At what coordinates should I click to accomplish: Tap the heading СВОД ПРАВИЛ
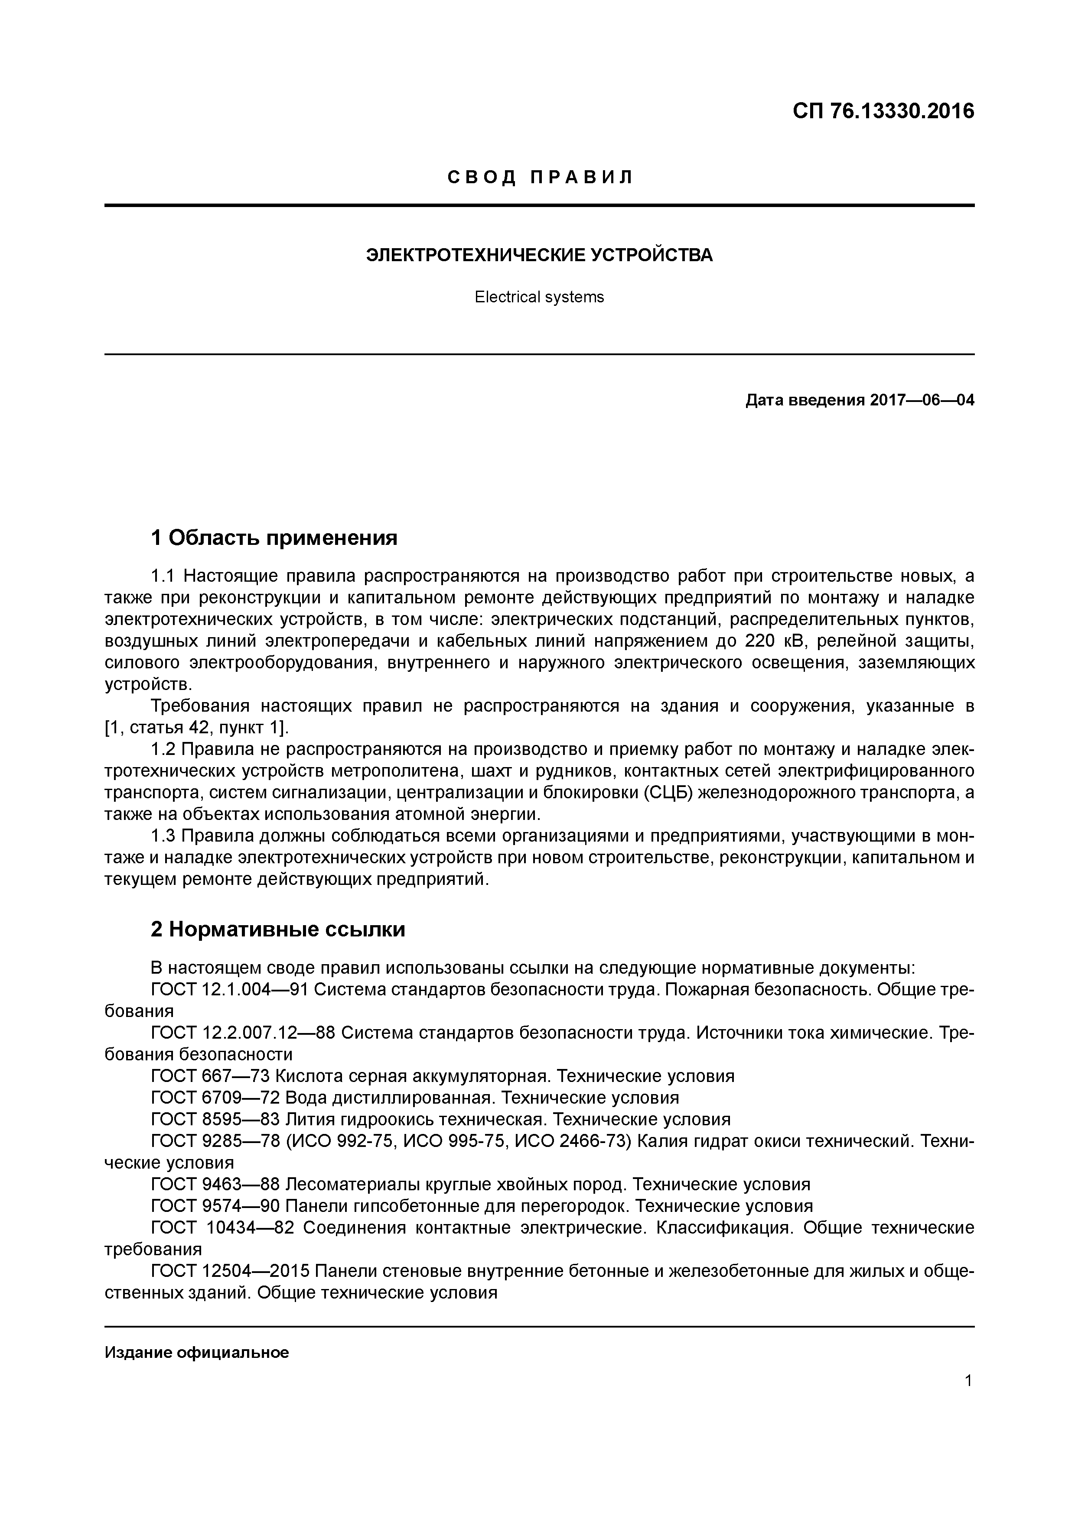(540, 177)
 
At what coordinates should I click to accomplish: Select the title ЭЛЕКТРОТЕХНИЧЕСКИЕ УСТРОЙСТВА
(540, 256)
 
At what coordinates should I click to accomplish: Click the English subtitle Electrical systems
(539, 297)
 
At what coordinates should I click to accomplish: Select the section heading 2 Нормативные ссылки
(278, 930)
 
